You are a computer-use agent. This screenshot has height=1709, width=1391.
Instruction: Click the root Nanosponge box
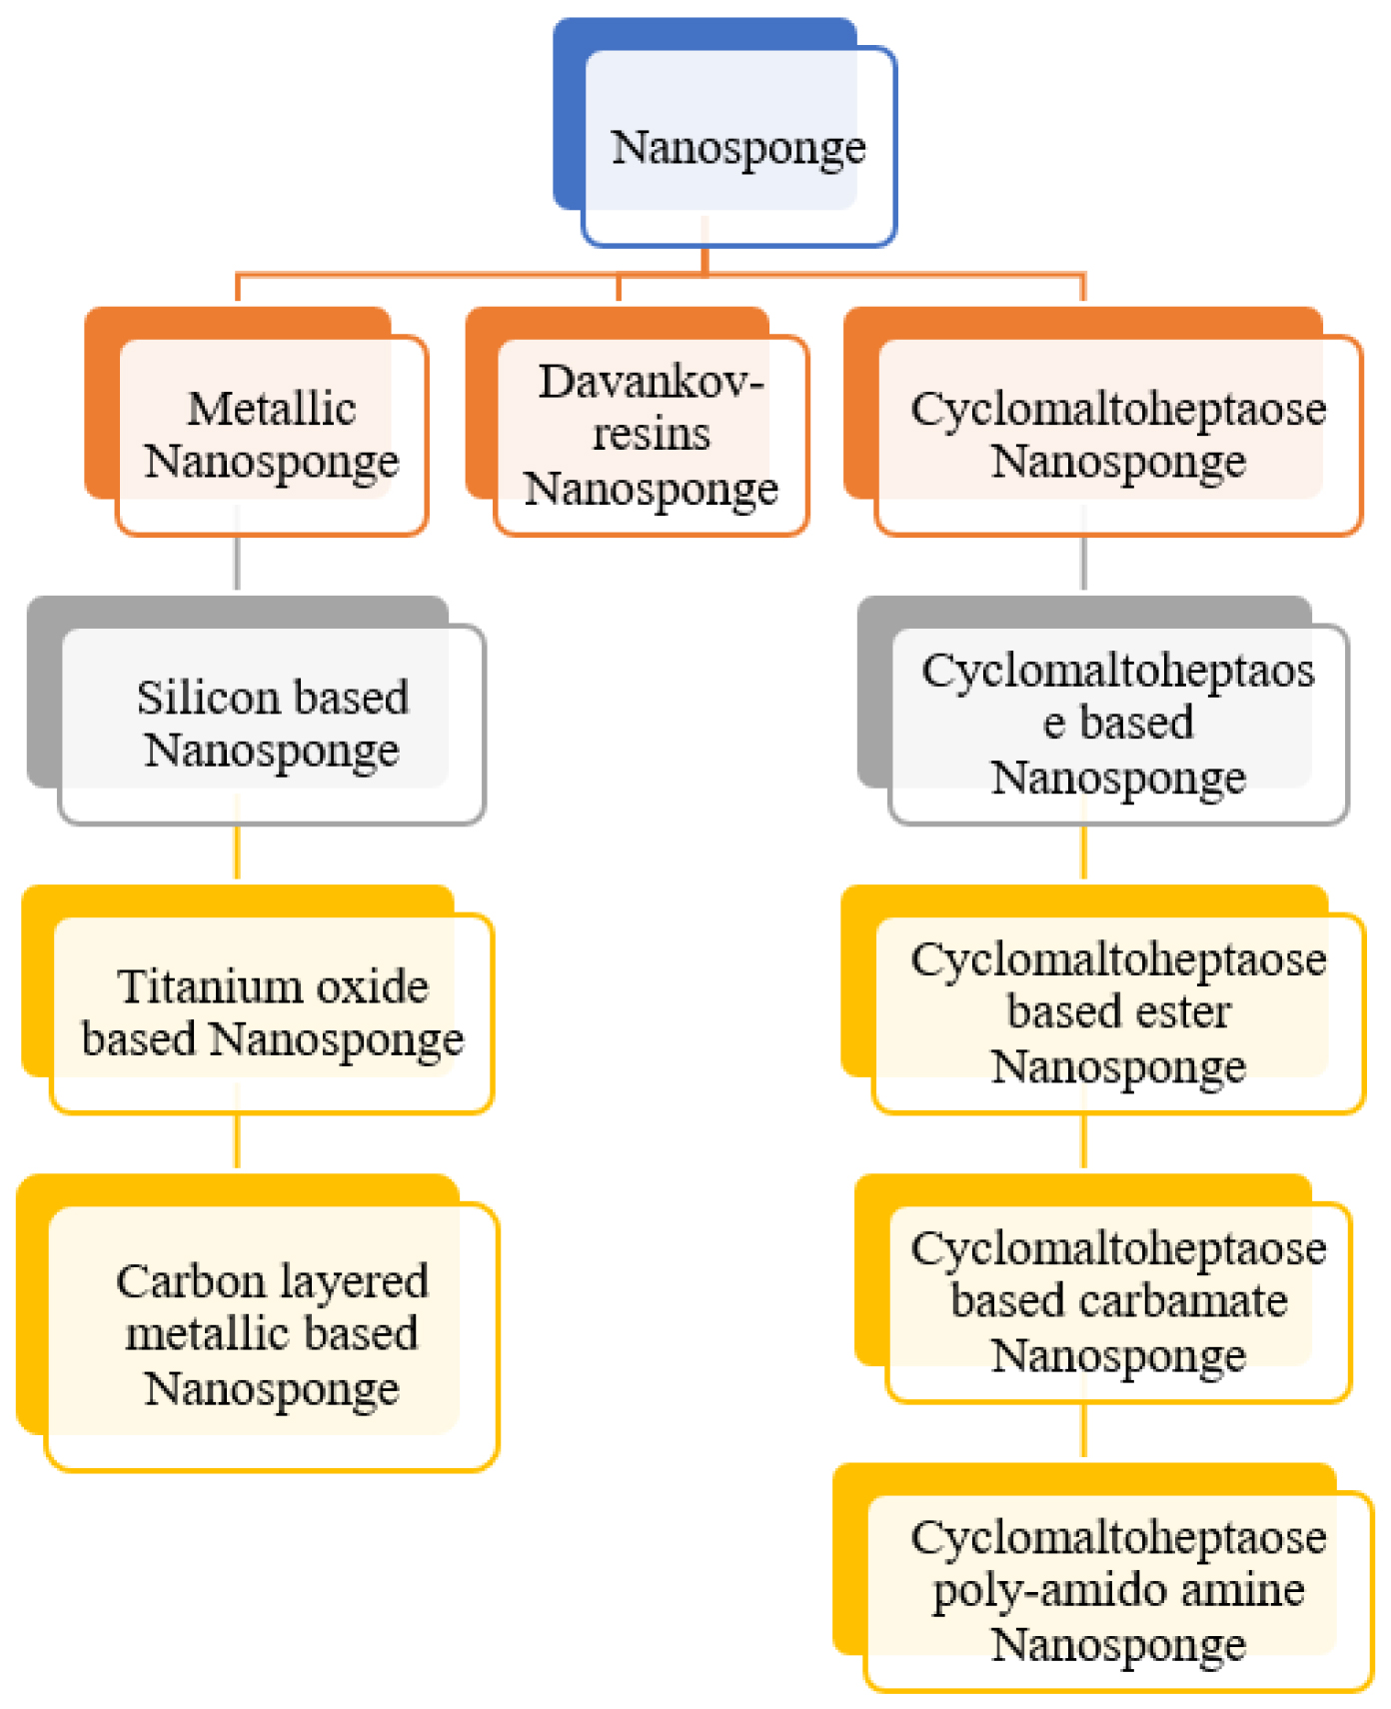point(725,132)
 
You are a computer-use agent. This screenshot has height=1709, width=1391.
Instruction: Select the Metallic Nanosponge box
point(257,421)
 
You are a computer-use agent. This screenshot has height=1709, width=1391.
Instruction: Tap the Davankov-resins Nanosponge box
point(638,421)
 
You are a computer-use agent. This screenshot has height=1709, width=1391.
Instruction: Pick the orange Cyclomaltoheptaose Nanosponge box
point(1103,421)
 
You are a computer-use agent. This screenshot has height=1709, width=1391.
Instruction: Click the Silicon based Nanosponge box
point(257,711)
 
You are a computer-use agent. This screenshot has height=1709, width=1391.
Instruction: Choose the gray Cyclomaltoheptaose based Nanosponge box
point(1103,711)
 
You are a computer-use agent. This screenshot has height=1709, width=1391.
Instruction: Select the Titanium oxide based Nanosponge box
point(258,999)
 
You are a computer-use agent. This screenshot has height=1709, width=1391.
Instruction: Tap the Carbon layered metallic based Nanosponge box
point(258,1322)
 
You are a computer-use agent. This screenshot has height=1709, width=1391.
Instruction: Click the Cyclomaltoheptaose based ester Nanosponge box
point(1103,999)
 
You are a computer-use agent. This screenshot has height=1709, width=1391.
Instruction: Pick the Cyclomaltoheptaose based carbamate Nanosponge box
point(1103,1288)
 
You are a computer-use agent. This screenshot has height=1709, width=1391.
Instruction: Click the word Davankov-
point(652,381)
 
